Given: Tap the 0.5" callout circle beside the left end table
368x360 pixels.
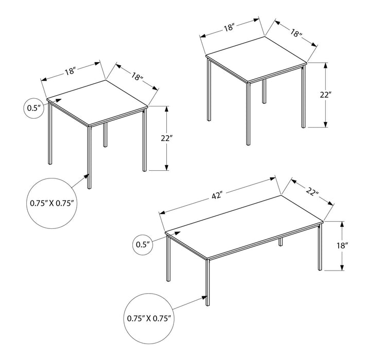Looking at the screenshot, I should pyautogui.click(x=34, y=109).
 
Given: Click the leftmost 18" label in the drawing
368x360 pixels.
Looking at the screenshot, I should pyautogui.click(x=71, y=71).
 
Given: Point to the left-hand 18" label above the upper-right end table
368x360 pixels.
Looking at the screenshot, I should pyautogui.click(x=229, y=28).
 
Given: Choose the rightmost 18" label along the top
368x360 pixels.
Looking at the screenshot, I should pyautogui.click(x=295, y=34).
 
